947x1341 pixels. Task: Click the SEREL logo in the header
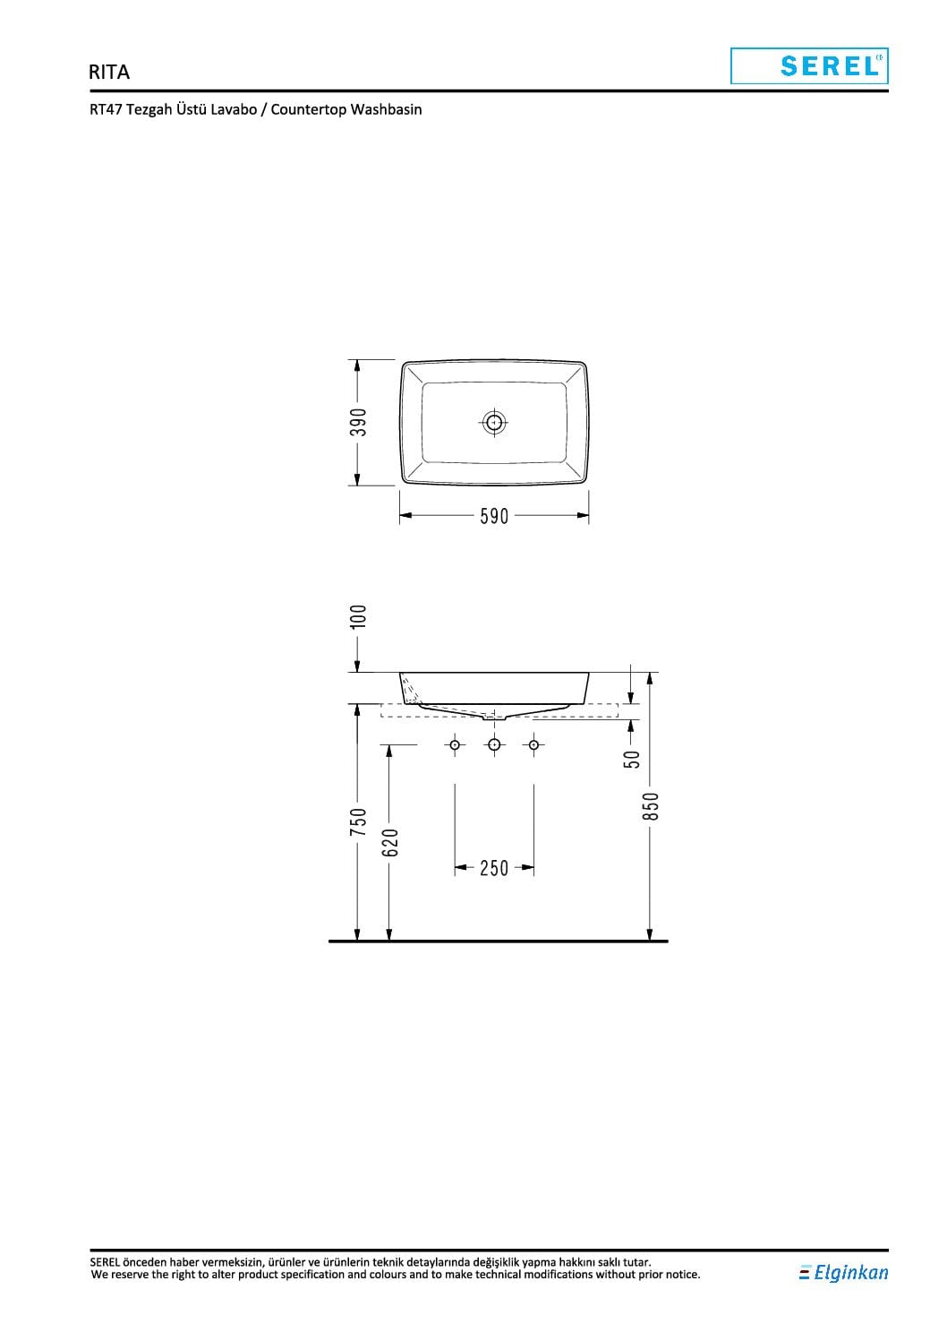[809, 66]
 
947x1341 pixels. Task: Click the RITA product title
[109, 72]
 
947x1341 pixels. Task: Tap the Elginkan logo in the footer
[843, 1273]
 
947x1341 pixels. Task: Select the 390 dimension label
[358, 422]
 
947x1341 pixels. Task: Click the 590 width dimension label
[494, 516]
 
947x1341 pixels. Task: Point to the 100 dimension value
[358, 616]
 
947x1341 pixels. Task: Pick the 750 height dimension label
[358, 822]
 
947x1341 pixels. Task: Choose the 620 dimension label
[389, 843]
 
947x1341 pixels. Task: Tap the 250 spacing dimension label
[494, 868]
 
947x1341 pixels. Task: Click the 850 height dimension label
[650, 806]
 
